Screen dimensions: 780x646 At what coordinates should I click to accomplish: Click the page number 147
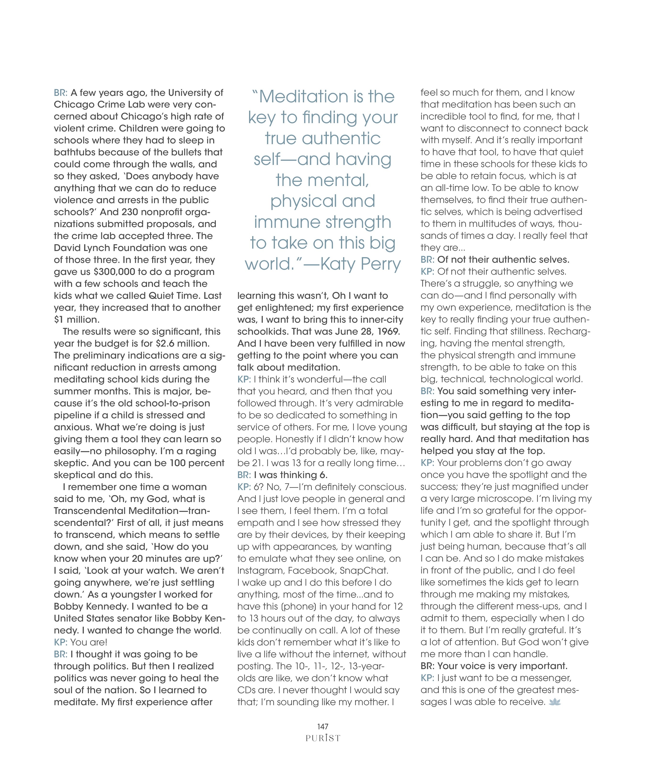323,726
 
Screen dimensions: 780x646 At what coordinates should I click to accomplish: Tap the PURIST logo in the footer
323,738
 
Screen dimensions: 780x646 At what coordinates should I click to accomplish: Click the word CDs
247,690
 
